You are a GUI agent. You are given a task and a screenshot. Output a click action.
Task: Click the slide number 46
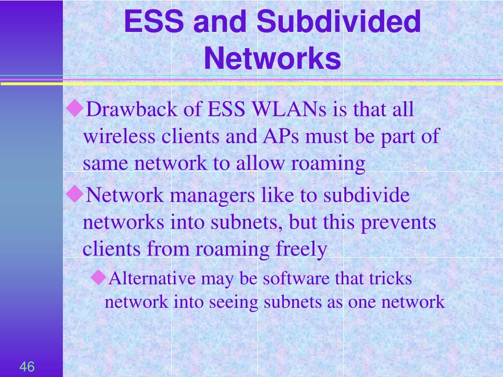[x=27, y=366]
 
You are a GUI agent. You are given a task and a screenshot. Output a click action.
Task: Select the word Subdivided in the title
[x=338, y=21]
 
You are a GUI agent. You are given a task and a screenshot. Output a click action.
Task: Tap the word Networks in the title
[x=272, y=58]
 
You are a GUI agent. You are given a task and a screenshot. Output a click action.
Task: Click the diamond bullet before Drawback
[x=75, y=108]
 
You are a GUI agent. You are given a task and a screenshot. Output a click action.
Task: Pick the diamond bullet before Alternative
[x=99, y=277]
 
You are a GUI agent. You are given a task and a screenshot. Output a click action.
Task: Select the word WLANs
[x=289, y=109]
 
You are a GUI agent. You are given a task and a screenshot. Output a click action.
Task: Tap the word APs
[x=281, y=136]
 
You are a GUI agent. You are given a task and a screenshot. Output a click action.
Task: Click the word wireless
[x=119, y=136]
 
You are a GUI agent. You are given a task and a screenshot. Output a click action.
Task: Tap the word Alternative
[x=152, y=278]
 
